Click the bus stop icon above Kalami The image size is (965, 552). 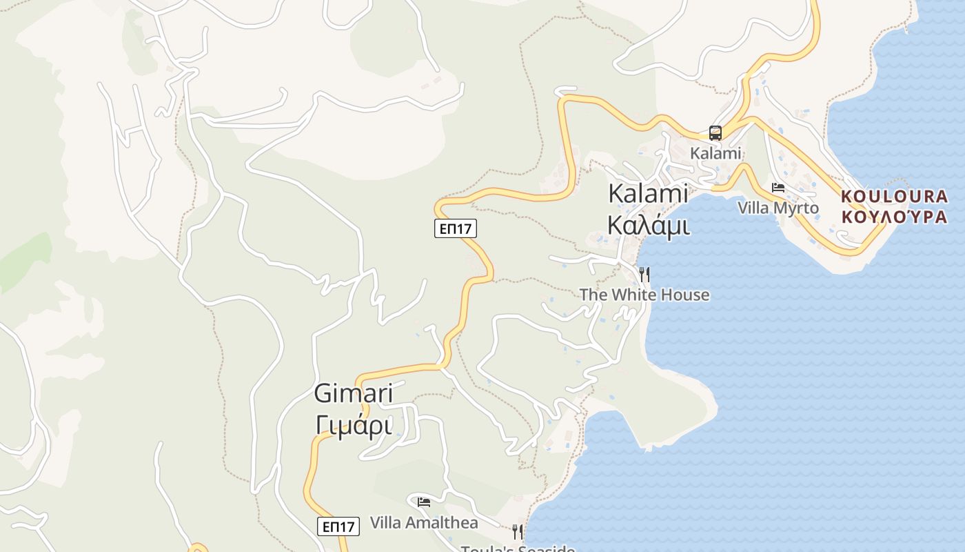[x=715, y=133]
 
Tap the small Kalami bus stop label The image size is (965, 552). [x=715, y=153]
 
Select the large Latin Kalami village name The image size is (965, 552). [x=648, y=194]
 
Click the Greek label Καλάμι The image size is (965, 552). [x=648, y=224]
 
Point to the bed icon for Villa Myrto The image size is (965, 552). [x=778, y=188]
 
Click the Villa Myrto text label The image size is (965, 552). [x=778, y=208]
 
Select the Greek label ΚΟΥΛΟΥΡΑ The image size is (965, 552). [x=894, y=217]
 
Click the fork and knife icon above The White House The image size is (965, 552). [x=644, y=275]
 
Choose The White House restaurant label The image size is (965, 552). [x=644, y=295]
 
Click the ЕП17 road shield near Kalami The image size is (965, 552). [x=456, y=228]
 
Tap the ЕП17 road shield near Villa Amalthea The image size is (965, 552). [x=338, y=526]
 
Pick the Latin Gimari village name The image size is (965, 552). [x=354, y=394]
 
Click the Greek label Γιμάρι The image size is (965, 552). [x=354, y=425]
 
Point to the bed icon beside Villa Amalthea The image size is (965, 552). [x=424, y=502]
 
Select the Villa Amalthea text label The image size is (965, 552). [x=424, y=522]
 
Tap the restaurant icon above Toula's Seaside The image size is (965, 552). [x=517, y=531]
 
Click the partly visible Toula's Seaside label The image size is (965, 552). [x=518, y=549]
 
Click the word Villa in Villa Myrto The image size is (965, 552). [x=753, y=208]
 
